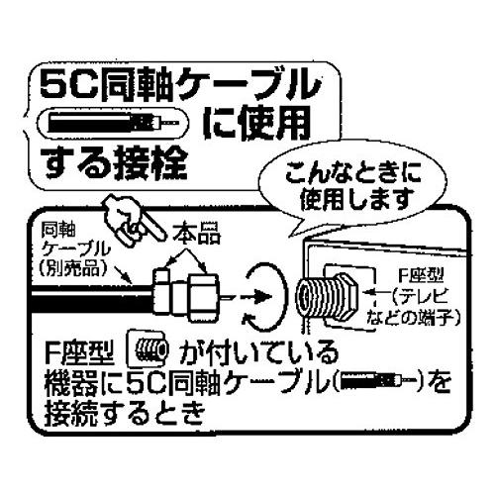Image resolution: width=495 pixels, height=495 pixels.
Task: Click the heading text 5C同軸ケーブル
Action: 180,85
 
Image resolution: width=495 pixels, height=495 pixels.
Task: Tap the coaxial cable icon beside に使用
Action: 113,123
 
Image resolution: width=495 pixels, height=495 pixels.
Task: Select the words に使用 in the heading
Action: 257,124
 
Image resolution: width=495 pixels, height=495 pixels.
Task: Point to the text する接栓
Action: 116,162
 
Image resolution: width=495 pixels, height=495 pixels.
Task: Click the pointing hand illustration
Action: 132,220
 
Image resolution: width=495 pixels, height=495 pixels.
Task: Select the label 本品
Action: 197,234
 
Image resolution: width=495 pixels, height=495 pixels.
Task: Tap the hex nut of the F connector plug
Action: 203,297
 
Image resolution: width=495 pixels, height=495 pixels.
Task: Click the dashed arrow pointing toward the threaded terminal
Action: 254,297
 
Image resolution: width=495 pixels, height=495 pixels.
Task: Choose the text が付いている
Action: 258,352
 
